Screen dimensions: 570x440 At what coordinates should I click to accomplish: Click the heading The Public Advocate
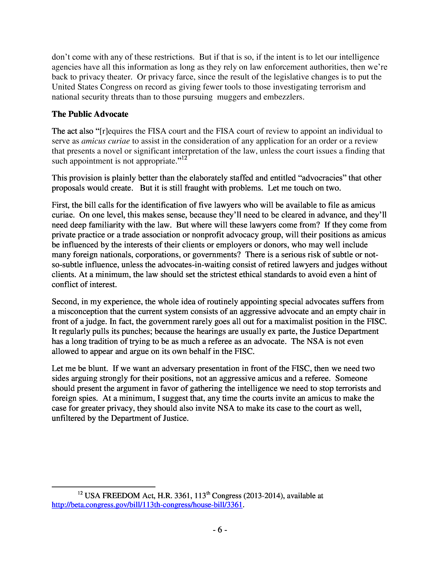[x=90, y=114]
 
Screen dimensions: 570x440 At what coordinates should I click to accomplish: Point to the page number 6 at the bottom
[x=220, y=530]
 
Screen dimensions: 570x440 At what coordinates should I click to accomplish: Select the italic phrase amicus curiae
[x=106, y=141]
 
